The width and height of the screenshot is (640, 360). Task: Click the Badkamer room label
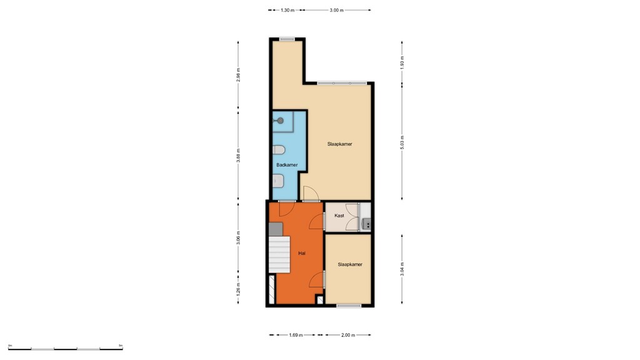click(x=287, y=165)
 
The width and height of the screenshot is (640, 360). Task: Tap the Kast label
click(x=339, y=216)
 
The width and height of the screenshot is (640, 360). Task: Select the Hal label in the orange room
click(x=302, y=253)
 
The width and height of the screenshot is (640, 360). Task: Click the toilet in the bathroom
click(x=279, y=150)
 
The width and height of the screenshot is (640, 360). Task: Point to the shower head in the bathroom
click(x=280, y=120)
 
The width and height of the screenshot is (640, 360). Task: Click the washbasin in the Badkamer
click(x=278, y=181)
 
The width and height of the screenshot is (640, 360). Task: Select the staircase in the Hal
click(x=280, y=254)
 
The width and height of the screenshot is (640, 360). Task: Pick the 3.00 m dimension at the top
click(x=337, y=10)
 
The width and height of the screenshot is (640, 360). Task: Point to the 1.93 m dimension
click(x=402, y=61)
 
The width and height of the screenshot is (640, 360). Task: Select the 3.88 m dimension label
click(x=238, y=156)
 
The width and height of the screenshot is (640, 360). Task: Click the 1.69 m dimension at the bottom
click(x=296, y=336)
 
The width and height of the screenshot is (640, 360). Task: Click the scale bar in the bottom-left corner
click(x=65, y=347)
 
